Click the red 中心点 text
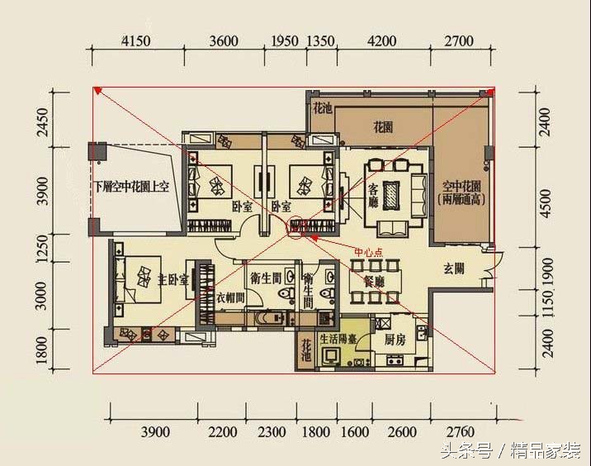(x=368, y=253)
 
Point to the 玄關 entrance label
(x=454, y=268)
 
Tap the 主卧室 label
(x=174, y=279)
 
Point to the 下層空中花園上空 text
(x=131, y=187)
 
